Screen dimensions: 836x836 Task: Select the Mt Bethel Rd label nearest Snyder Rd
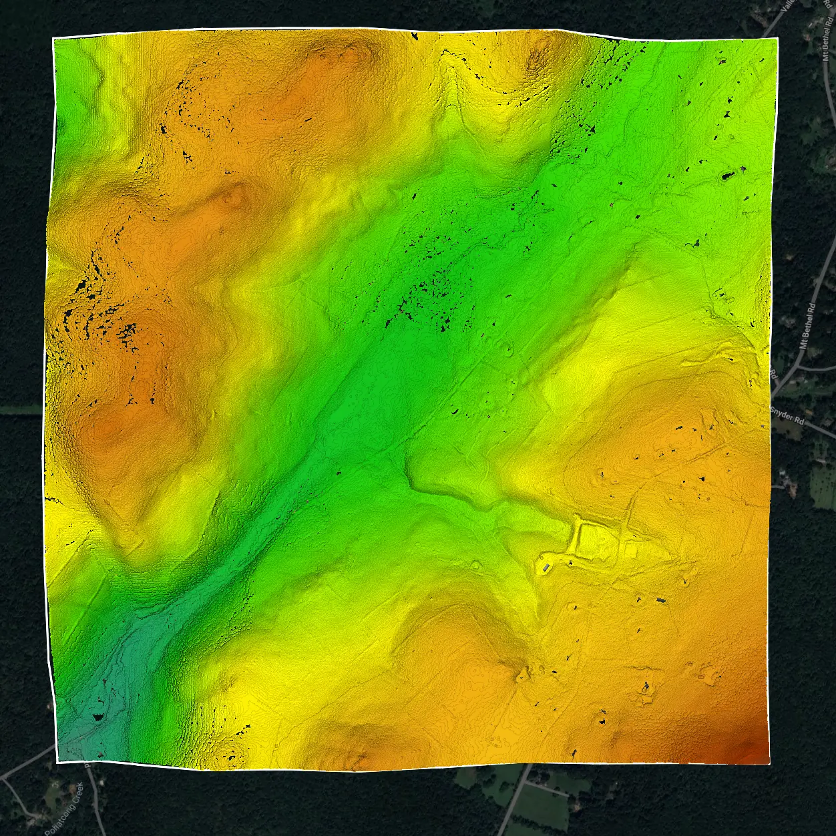tap(807, 326)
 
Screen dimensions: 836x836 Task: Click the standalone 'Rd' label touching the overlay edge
tap(775, 375)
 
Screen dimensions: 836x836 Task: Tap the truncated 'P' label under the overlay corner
tap(86, 765)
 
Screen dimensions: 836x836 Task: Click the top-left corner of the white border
tap(53, 37)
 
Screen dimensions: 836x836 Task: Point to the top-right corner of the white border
tap(778, 39)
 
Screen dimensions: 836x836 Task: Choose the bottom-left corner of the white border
tap(57, 762)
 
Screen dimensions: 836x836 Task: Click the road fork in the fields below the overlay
tap(528, 779)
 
